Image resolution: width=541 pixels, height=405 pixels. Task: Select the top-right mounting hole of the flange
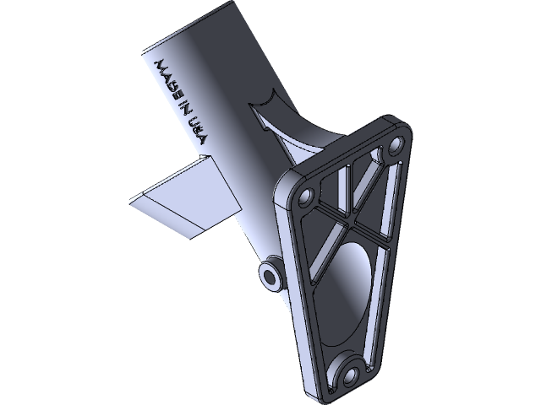point(394,147)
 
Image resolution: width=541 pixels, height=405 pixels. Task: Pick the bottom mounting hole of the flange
point(348,372)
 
